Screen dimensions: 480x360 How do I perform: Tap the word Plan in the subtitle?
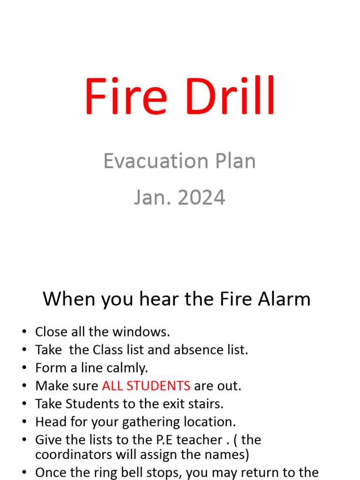coord(232,161)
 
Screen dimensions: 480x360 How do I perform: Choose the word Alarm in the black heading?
coord(284,299)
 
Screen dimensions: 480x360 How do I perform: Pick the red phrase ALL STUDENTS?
coord(146,386)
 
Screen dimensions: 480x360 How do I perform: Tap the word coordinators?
coord(73,455)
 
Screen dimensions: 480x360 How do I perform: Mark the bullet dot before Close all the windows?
coord(24,332)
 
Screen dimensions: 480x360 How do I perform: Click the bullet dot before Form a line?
coord(24,368)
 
